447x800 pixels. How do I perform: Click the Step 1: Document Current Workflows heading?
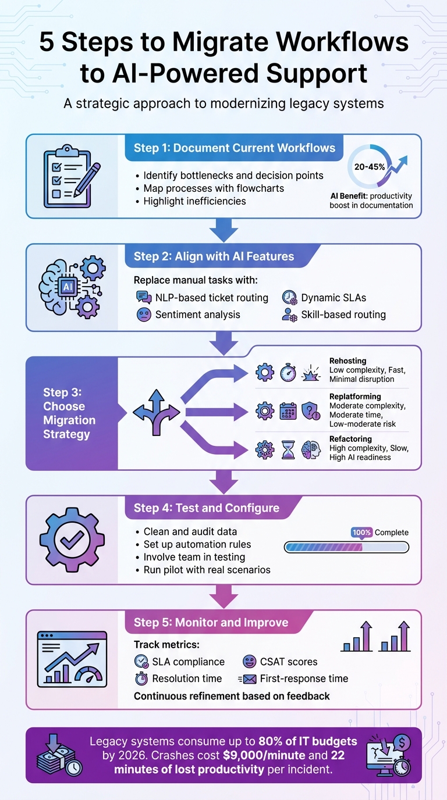(235, 148)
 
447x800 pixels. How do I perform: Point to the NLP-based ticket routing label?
(211, 298)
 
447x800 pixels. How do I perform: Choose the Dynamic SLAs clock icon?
(289, 298)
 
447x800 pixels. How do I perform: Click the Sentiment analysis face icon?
(143, 315)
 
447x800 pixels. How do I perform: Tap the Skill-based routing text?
(343, 315)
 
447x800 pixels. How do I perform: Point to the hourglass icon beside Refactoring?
(289, 449)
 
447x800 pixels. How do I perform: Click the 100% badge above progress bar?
(361, 532)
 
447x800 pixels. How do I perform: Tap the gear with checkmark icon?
(72, 539)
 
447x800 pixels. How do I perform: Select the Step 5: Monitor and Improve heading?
(211, 622)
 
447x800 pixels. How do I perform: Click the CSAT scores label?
(289, 662)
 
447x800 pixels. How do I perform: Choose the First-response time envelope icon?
(248, 678)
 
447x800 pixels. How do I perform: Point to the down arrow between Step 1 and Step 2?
(223, 230)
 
